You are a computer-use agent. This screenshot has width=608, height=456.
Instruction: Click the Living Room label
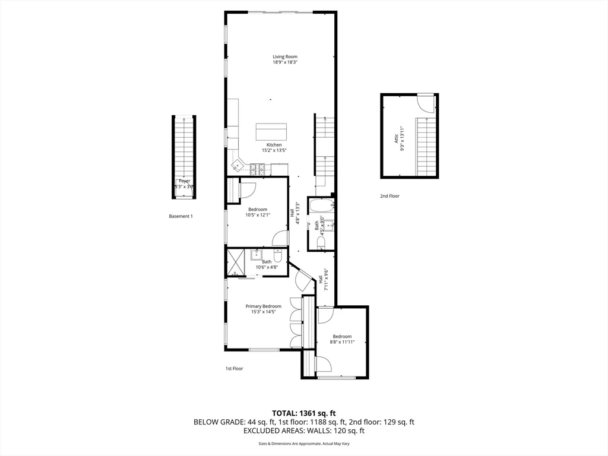[x=285, y=57]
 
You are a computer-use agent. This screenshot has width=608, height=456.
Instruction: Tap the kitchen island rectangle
[x=271, y=131]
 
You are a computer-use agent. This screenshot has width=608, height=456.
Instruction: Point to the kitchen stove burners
[x=258, y=169]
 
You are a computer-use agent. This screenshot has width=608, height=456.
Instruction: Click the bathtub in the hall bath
[x=321, y=206]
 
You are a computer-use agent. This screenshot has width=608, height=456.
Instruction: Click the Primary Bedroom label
[x=264, y=306]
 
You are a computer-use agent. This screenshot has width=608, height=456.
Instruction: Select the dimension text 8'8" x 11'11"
[x=342, y=342]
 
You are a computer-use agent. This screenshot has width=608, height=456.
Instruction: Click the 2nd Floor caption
[x=390, y=196]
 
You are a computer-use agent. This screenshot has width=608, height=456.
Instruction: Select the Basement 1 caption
[x=181, y=216]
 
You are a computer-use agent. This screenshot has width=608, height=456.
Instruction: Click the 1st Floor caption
[x=234, y=369]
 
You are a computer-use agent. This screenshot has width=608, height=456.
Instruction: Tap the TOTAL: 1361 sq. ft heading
[x=304, y=413]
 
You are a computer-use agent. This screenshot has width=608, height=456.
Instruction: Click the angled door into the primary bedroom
[x=303, y=277]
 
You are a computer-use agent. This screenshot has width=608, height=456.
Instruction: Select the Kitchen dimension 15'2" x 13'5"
[x=274, y=151]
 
